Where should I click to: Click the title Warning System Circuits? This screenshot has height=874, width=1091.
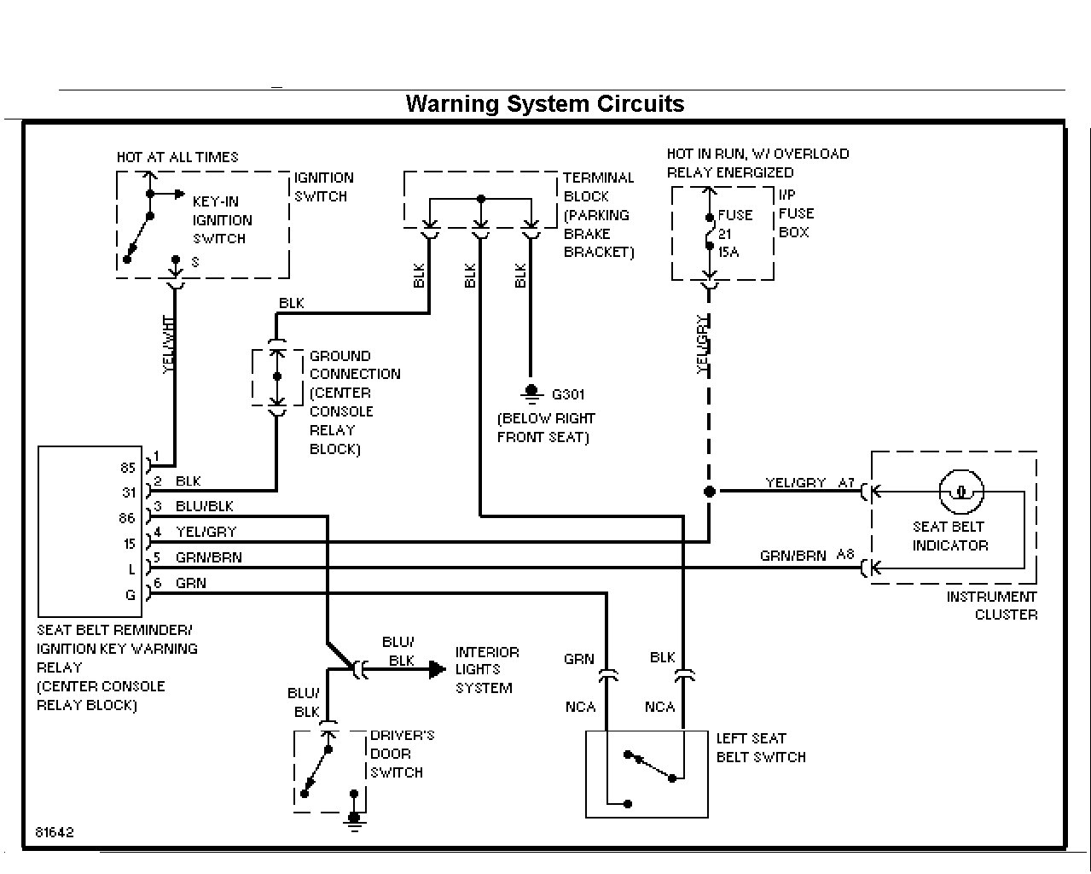point(545,104)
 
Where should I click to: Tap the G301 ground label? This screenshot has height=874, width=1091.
point(568,394)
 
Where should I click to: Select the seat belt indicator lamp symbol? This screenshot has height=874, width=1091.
point(961,492)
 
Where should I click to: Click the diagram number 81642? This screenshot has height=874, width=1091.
point(55,832)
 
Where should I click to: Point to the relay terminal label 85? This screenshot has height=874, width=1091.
point(128,467)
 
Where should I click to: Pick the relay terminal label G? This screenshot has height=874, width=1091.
point(131,595)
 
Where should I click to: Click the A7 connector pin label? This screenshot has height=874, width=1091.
point(846,482)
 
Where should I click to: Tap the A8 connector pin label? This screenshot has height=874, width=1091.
point(845,555)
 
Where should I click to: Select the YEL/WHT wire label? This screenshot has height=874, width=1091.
point(168,344)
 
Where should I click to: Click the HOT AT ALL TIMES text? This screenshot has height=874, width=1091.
point(177,157)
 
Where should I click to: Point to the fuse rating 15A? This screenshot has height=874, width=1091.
point(728,252)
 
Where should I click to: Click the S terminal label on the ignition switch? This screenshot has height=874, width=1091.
point(195,262)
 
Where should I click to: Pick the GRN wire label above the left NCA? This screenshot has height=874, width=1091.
point(579,659)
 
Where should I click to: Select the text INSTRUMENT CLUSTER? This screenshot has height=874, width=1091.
point(992,605)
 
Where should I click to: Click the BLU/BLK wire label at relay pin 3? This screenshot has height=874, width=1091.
point(205,506)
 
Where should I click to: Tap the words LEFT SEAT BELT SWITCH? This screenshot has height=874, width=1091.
point(761,748)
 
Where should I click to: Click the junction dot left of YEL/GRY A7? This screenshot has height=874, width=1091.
point(709,491)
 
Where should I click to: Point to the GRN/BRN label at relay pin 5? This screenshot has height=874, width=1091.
point(209,557)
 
